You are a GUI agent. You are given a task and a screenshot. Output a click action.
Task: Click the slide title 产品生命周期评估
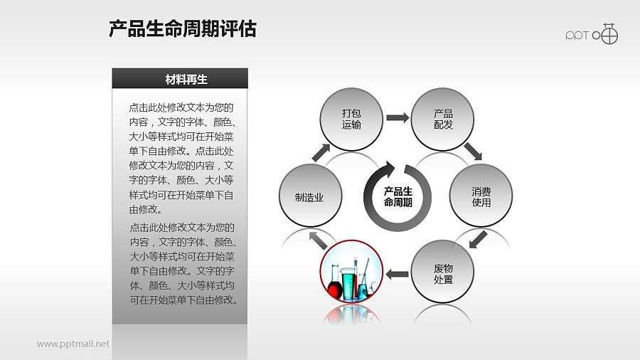(x=183, y=29)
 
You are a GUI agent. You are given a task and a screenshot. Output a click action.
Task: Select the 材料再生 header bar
(x=180, y=79)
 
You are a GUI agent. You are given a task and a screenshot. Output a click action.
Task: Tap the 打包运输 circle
(x=351, y=120)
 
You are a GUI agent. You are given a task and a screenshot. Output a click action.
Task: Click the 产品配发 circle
(x=443, y=120)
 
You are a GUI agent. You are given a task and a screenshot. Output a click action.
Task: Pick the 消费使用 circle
(x=481, y=197)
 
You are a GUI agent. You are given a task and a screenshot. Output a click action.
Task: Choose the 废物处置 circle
(x=443, y=274)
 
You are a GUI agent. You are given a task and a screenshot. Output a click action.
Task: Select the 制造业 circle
(x=310, y=197)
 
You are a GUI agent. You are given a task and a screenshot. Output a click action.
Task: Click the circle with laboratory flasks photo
(x=351, y=274)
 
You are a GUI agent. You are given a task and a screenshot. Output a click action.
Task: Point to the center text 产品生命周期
(x=398, y=197)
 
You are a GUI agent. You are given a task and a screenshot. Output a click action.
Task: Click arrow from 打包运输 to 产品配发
(x=398, y=117)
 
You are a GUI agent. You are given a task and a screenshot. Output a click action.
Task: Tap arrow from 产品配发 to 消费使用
(x=473, y=152)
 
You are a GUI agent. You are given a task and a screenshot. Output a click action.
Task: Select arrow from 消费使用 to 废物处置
(x=478, y=239)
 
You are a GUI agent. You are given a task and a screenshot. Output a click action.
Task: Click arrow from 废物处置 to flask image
(x=397, y=273)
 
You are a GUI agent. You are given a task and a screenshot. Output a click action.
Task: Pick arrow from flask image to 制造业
(x=313, y=239)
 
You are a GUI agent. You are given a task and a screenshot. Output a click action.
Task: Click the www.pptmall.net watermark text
(x=73, y=344)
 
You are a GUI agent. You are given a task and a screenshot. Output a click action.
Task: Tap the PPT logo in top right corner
(x=592, y=34)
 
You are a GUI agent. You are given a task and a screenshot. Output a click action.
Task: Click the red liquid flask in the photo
(x=335, y=289)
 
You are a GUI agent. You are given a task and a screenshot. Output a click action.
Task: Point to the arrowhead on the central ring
(x=388, y=169)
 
